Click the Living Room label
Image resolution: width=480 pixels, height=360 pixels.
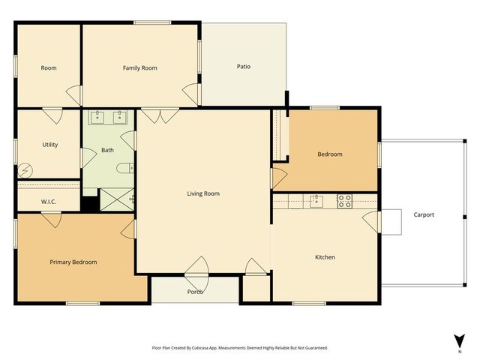coord(203,193)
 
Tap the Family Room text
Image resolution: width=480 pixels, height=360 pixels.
coord(139,68)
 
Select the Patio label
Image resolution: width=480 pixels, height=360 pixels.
coord(243,67)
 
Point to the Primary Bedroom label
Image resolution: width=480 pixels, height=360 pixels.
coord(73,262)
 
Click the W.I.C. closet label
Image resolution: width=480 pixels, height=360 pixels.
coord(48,202)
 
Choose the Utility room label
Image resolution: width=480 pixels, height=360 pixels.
coord(50,145)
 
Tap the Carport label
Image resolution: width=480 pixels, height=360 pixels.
coord(424,215)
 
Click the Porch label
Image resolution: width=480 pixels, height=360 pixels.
coord(195,292)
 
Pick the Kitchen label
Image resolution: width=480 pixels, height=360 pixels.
coord(325,257)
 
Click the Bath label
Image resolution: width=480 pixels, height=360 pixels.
coord(108,150)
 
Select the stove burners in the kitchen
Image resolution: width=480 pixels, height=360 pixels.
coord(344,200)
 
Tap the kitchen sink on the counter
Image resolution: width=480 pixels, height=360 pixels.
coord(316,200)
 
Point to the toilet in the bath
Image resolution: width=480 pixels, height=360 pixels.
coord(128,168)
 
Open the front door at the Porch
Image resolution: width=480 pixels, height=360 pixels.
coord(197,268)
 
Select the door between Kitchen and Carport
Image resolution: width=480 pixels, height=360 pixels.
coord(370,220)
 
